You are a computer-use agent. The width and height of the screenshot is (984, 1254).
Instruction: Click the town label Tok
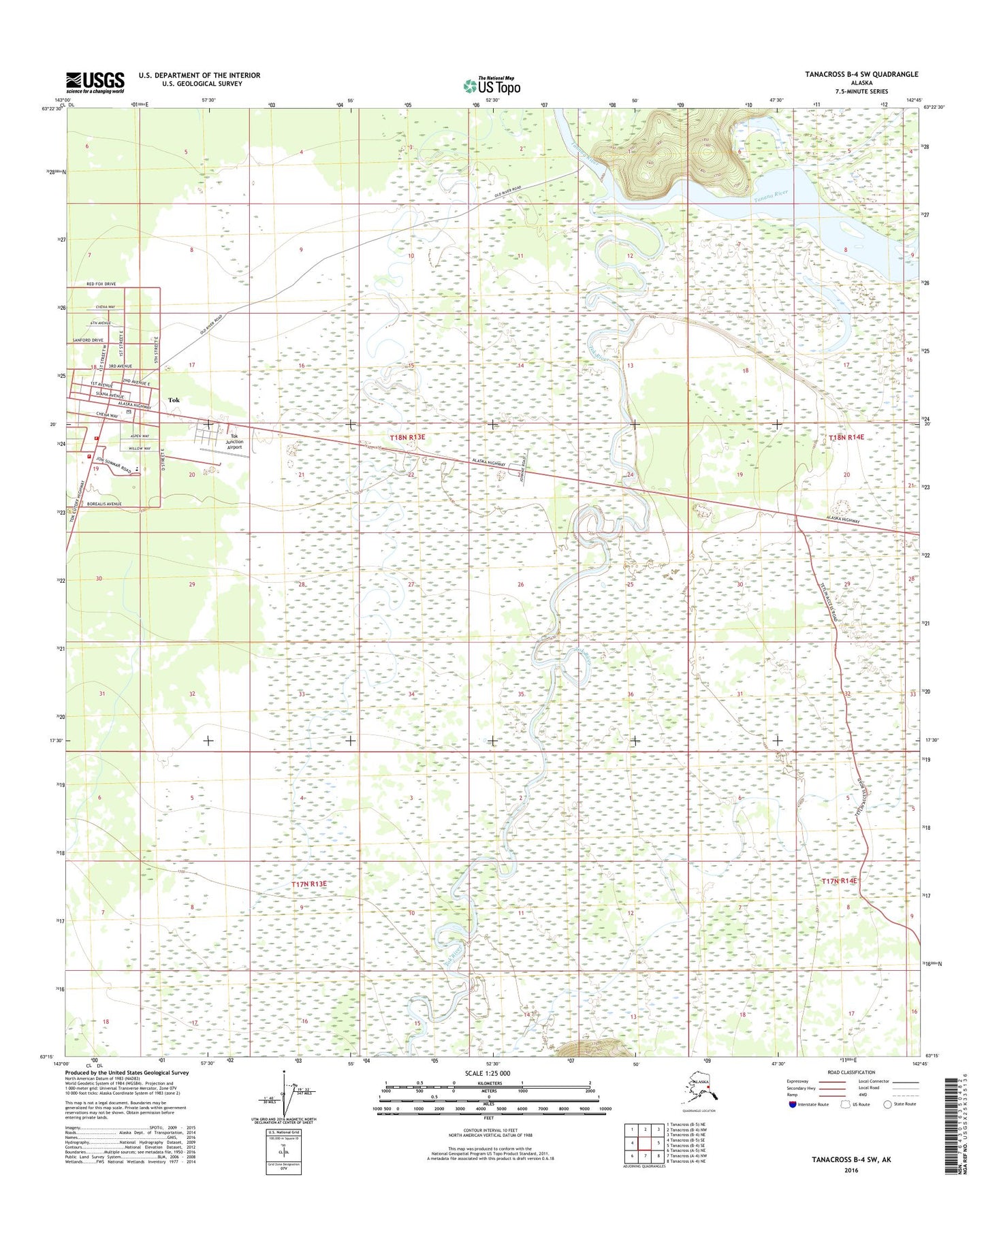coord(174,400)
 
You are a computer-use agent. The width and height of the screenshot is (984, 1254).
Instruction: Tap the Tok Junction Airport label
coord(235,442)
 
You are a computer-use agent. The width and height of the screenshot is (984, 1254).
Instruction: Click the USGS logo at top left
coord(95,82)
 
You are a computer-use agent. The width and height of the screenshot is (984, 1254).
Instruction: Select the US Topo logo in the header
coord(492,85)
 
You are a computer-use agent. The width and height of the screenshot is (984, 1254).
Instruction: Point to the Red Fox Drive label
coord(101,284)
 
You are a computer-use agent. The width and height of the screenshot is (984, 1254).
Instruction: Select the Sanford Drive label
coord(88,340)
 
